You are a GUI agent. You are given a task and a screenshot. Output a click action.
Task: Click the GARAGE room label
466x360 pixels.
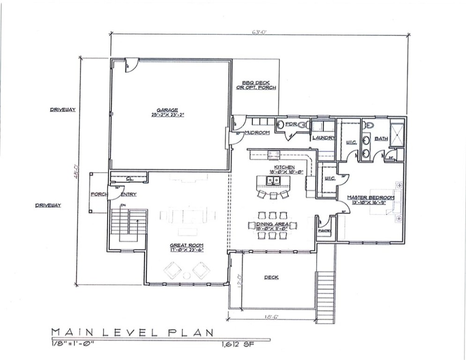coord(170,110)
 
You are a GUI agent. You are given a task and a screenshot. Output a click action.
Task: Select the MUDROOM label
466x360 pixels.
coord(257,133)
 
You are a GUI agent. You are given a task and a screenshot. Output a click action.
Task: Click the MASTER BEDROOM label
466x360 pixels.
coord(370,197)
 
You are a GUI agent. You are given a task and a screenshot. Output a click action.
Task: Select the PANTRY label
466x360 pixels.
coord(324,231)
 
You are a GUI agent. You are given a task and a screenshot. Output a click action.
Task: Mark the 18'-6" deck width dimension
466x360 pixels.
coord(271,317)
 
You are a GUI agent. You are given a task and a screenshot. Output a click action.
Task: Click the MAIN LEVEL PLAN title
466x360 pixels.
coord(133,332)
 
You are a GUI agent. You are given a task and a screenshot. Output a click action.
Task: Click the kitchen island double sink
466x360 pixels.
coord(273,180)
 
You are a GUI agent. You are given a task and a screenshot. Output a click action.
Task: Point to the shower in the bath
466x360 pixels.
coord(397,132)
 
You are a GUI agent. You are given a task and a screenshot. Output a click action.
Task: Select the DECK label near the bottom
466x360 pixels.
coord(271,277)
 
